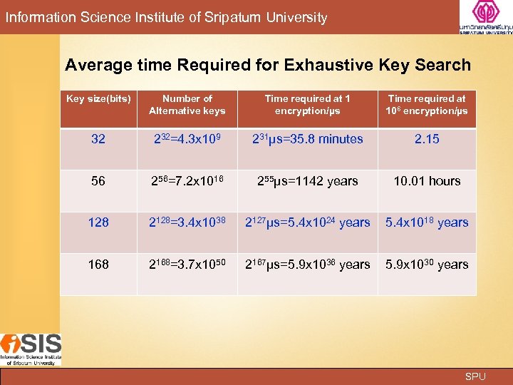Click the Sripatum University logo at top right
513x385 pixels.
486,18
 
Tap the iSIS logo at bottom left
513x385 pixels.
31,349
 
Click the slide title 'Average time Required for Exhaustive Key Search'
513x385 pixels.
268,65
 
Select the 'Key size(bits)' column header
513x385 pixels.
98,99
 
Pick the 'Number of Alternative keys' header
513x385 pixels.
187,105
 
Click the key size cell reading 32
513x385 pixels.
98,139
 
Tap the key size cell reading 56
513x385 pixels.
98,181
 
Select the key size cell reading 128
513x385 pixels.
98,222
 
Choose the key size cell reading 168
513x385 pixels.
98,265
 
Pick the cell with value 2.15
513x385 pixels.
427,139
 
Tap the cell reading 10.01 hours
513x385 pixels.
427,181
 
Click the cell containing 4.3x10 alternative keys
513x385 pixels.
187,139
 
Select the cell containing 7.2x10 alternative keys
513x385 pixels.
187,181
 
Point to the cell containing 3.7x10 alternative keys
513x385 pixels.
187,265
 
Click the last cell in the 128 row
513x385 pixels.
427,222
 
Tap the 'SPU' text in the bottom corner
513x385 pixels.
475,376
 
